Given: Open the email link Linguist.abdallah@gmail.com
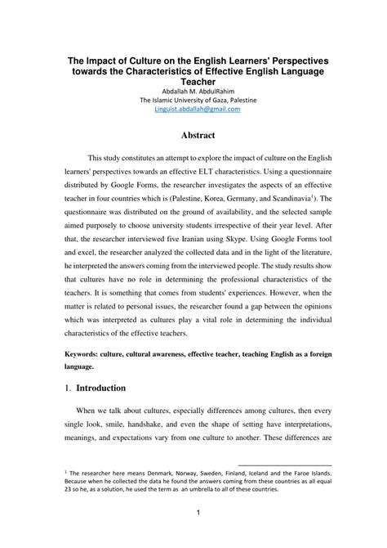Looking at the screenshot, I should [193, 110].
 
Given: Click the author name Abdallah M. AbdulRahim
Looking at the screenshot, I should [193, 91].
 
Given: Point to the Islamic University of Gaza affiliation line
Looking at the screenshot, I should [193, 100].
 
